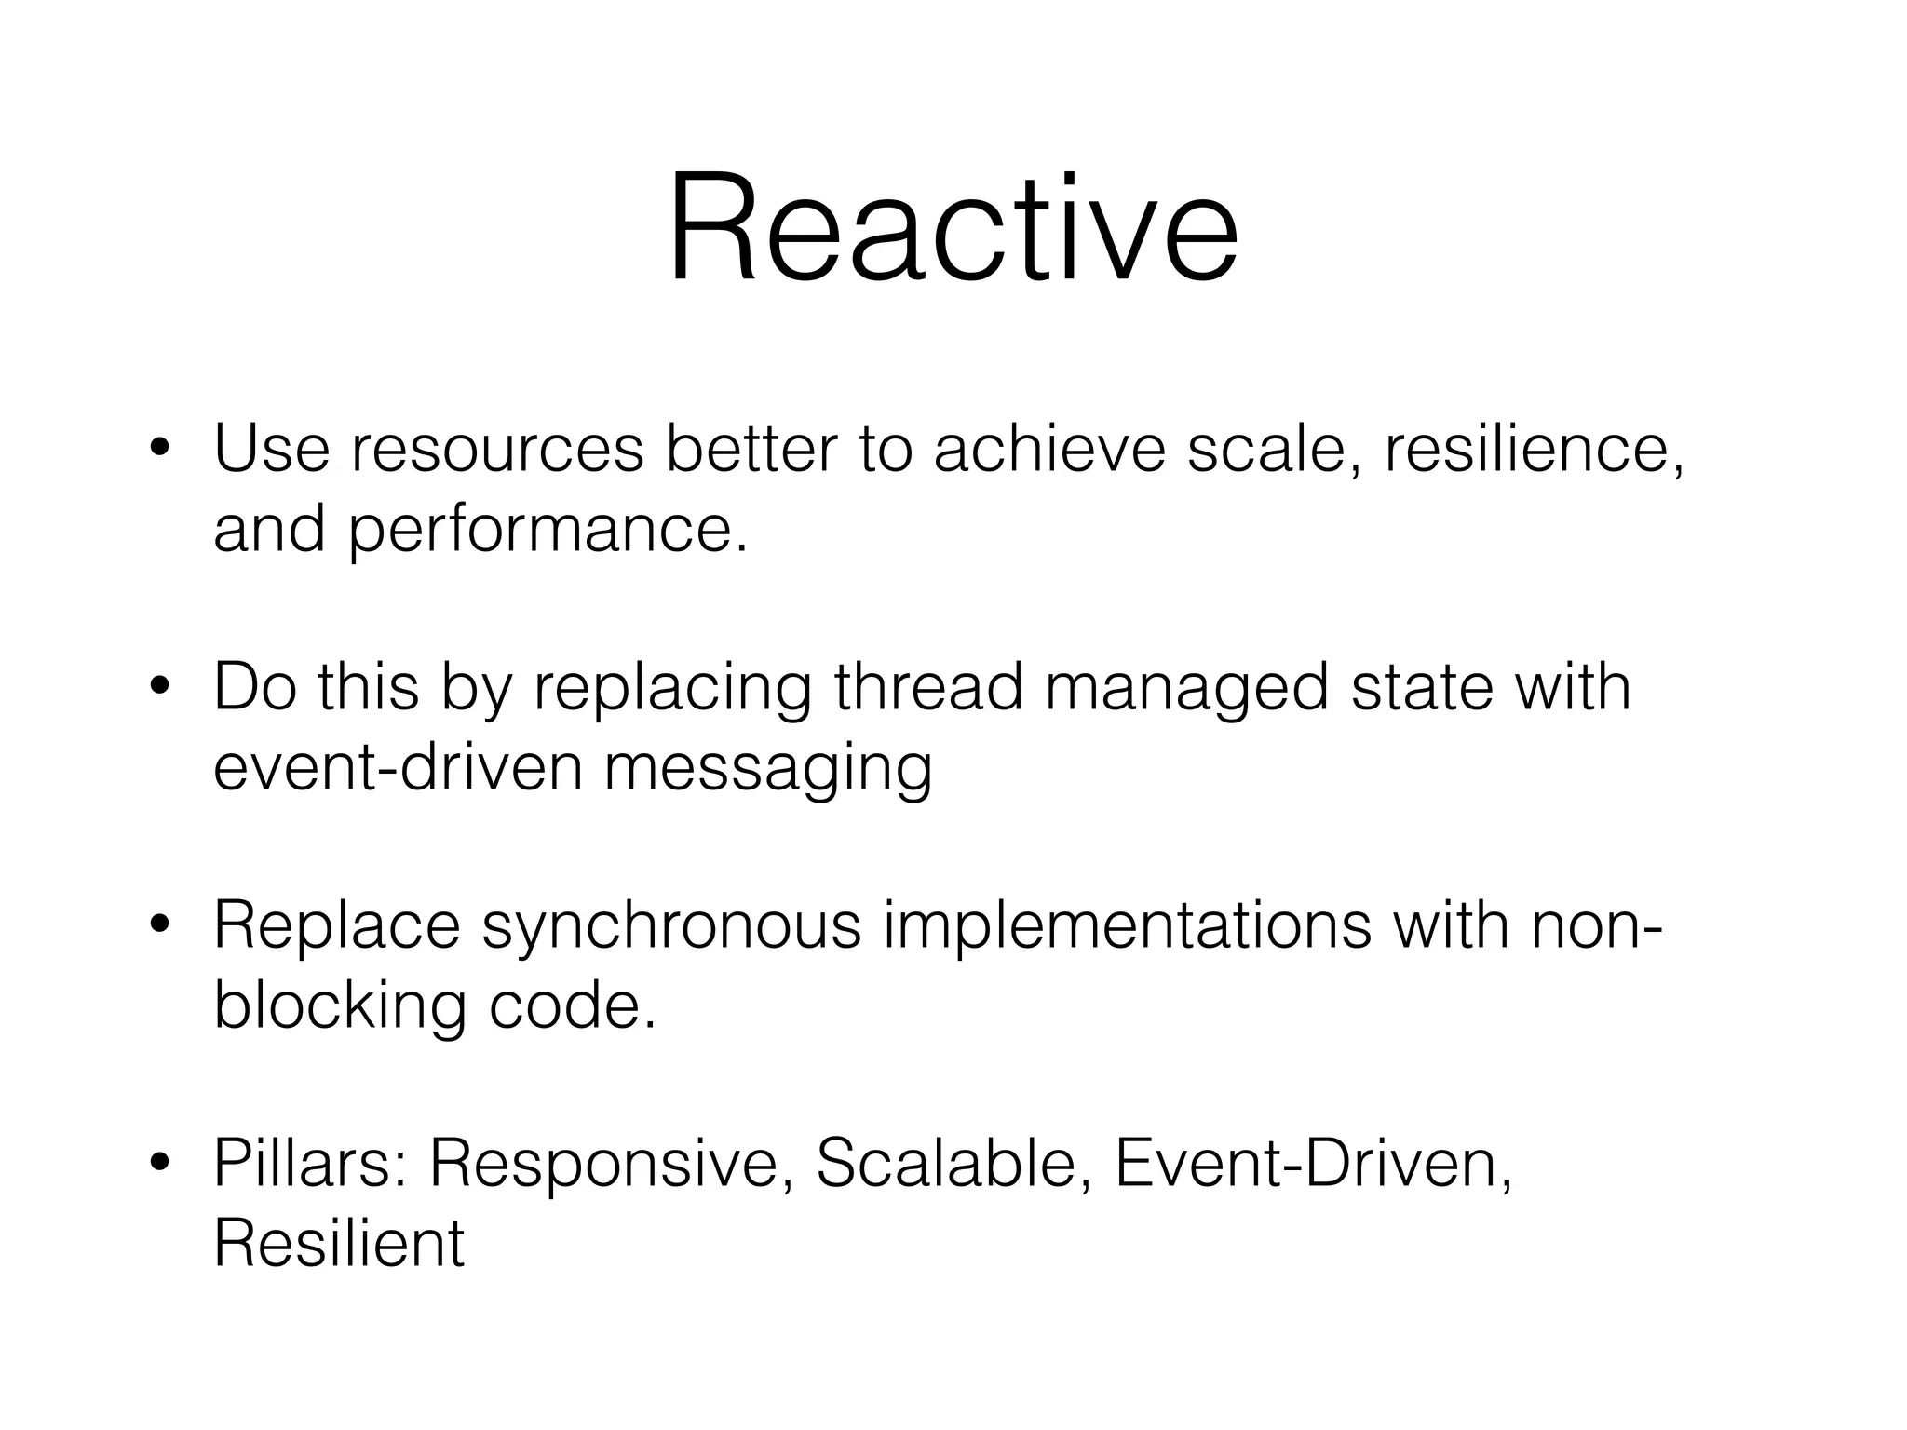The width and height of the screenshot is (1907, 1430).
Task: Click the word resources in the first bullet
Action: [497, 449]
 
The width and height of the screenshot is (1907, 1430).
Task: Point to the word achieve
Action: [1049, 449]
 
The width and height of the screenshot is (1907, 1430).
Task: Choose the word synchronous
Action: [670, 927]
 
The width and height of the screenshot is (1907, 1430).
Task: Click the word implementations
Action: [1127, 927]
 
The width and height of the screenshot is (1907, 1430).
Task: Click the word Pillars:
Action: [310, 1164]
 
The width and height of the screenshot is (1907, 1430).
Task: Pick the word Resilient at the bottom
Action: [339, 1244]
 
